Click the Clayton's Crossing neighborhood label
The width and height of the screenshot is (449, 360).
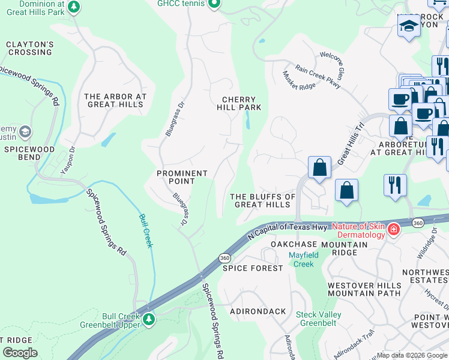(30, 48)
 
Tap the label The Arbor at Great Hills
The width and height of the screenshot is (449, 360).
(115, 100)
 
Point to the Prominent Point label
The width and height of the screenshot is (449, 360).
(182, 177)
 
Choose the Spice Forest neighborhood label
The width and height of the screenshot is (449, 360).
(253, 268)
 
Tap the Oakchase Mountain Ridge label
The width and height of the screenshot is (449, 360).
(319, 248)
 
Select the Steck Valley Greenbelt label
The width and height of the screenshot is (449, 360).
(319, 319)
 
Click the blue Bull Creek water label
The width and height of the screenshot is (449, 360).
(146, 230)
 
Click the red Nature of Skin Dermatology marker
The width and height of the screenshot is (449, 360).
(393, 230)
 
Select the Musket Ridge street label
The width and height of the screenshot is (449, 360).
(299, 80)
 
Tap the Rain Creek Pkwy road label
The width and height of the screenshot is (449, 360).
(318, 77)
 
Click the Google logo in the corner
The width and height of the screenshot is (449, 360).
(20, 353)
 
